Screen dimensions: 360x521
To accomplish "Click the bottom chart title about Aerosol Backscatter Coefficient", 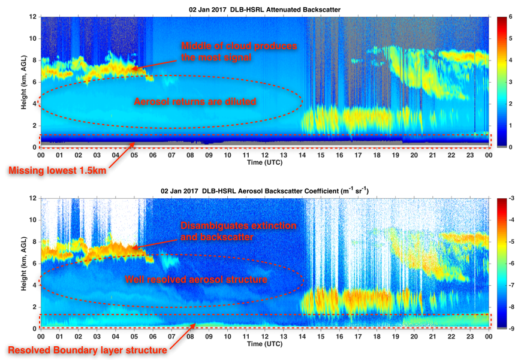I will tap(264, 190).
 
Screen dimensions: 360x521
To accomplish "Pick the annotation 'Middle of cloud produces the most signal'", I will tap(239, 52).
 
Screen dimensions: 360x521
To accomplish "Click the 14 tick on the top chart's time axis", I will tap(303, 155).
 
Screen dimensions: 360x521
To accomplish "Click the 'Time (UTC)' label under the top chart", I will tap(264, 162).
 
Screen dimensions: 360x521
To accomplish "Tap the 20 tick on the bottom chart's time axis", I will tap(415, 337).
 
